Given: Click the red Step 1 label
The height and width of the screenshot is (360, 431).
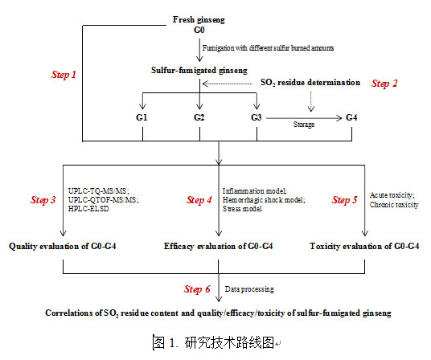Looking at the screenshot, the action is point(64,75).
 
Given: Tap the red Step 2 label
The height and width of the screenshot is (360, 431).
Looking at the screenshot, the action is point(384,84).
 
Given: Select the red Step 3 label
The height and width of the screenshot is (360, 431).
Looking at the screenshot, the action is point(43,200).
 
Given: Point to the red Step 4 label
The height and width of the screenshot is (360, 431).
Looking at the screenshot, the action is point(199,200).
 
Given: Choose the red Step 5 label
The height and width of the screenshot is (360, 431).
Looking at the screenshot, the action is point(344,200).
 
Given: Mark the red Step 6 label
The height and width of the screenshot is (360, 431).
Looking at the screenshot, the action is point(197,289).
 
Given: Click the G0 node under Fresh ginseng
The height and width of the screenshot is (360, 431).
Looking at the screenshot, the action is point(199,30).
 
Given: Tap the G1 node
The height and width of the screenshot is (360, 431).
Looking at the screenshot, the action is point(142,117).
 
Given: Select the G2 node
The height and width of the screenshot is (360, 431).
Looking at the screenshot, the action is point(199,117).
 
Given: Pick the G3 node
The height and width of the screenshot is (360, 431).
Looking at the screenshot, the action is point(257,117).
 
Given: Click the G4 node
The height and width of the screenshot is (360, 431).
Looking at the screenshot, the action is point(351,117).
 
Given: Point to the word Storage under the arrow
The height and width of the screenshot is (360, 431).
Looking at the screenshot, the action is point(304,125).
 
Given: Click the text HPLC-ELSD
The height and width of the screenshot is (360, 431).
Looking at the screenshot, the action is point(88,209).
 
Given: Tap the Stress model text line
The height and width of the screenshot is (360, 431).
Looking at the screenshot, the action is point(242,209).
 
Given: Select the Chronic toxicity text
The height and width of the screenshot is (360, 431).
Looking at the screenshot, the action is point(394,205).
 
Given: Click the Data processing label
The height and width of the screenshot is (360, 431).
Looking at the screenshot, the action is point(249,289).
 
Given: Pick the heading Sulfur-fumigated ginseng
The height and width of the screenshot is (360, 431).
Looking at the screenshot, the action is point(199,71).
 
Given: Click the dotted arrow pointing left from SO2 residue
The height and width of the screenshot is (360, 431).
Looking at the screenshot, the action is point(227,84).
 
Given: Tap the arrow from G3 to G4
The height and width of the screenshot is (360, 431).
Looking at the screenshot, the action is point(304,118).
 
